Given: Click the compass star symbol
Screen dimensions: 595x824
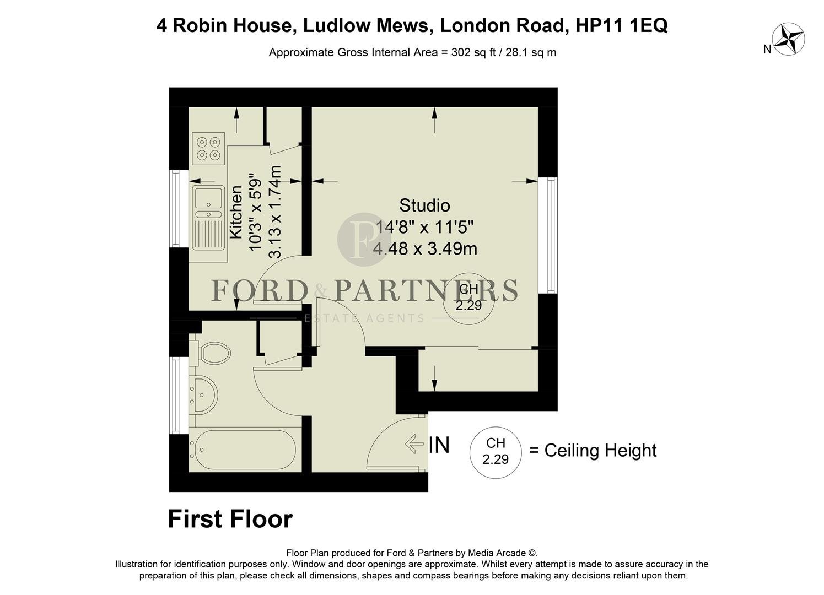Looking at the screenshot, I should [789, 39].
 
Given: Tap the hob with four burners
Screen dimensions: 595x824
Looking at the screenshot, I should [209, 149].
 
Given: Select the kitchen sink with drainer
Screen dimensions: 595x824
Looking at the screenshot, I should [208, 217].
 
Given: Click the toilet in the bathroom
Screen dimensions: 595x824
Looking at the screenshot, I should [212, 352].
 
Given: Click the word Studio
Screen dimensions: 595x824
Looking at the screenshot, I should [424, 205].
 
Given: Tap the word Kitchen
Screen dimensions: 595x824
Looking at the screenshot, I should [236, 212].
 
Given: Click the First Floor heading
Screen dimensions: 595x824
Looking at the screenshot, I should [230, 519].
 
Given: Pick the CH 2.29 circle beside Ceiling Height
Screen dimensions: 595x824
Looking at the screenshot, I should [495, 451].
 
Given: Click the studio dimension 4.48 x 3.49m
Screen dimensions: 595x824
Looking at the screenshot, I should [425, 248].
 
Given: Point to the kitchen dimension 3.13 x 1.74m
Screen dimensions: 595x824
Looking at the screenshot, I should [274, 212].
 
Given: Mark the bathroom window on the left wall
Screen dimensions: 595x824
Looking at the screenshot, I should [176, 395].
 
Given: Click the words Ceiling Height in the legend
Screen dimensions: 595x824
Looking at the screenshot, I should [600, 451].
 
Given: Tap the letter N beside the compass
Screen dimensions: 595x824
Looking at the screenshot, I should [767, 49].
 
